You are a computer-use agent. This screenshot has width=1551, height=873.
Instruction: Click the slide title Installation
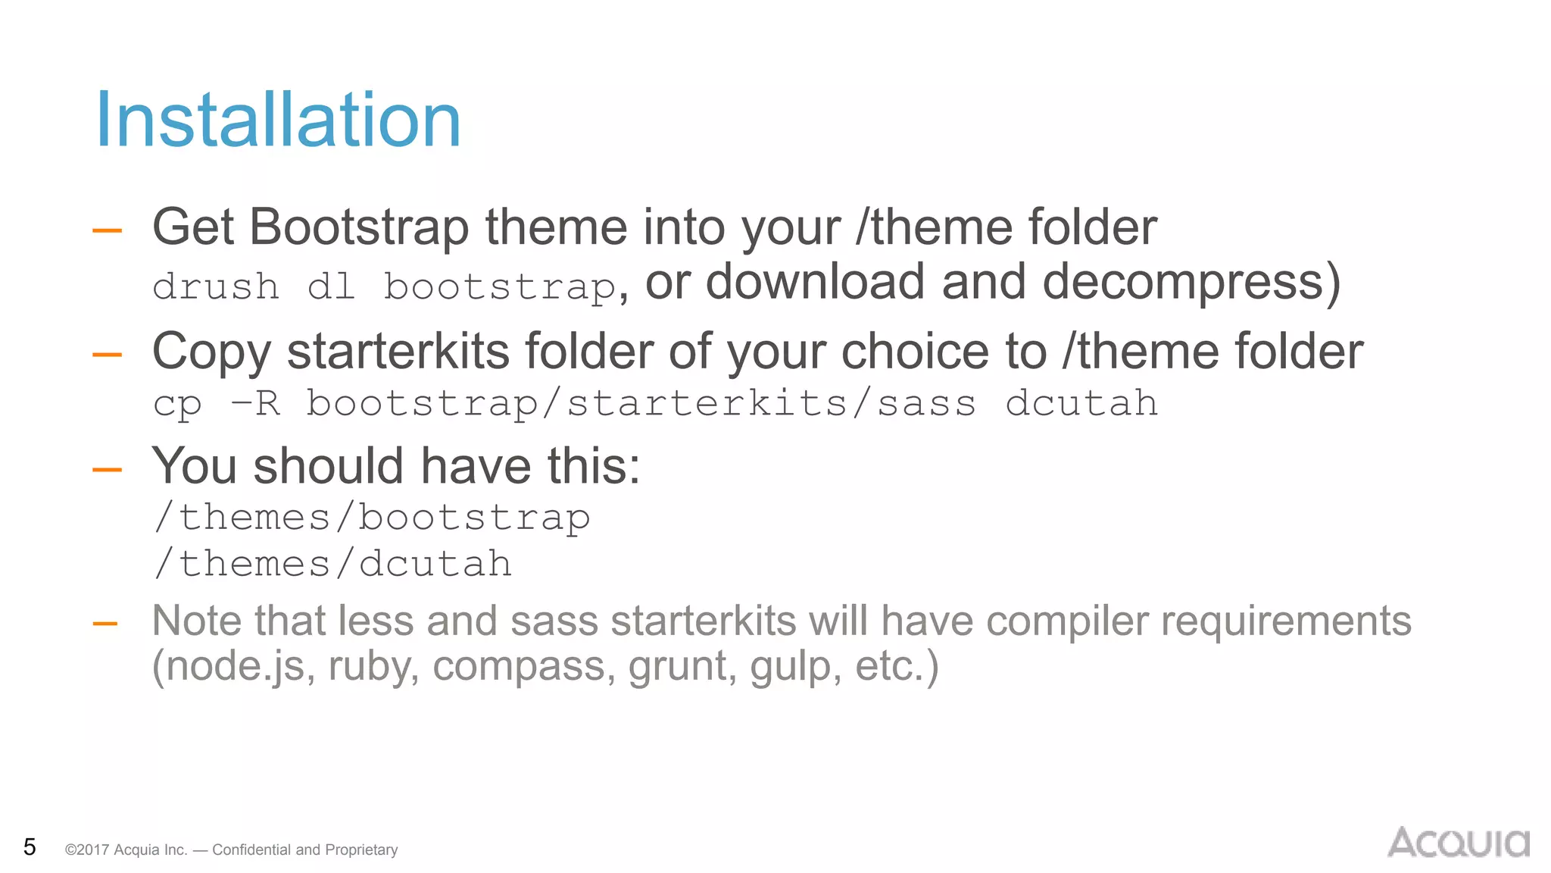pyautogui.click(x=278, y=120)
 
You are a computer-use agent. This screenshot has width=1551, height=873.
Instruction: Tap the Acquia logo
pyautogui.click(x=1458, y=843)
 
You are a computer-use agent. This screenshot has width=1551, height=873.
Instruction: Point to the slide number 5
pyautogui.click(x=30, y=846)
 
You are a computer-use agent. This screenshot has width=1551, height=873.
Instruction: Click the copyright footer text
pyautogui.click(x=231, y=850)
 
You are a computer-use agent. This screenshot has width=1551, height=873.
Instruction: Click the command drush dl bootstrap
pyautogui.click(x=385, y=287)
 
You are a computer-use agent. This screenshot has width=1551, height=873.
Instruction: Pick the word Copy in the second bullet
pyautogui.click(x=211, y=352)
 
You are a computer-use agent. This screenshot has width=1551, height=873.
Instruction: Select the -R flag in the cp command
pyautogui.click(x=256, y=403)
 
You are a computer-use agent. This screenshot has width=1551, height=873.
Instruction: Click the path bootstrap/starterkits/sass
pyautogui.click(x=641, y=403)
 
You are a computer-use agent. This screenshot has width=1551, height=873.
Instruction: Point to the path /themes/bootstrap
pyautogui.click(x=371, y=518)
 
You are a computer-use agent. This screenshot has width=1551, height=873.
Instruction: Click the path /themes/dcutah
pyautogui.click(x=332, y=564)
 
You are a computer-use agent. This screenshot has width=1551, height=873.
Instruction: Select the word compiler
pyautogui.click(x=1065, y=621)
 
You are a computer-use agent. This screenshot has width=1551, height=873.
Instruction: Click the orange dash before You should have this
pyautogui.click(x=107, y=470)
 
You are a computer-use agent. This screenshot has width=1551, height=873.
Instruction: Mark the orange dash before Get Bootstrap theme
pyautogui.click(x=107, y=230)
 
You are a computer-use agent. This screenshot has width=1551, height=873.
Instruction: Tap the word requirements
pyautogui.click(x=1285, y=621)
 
